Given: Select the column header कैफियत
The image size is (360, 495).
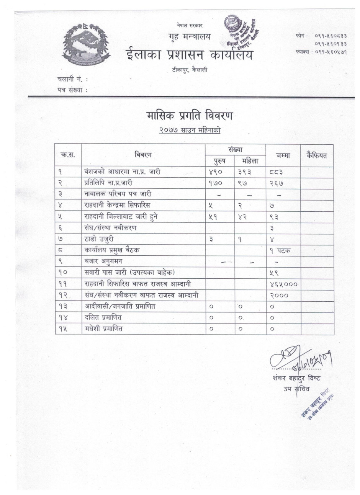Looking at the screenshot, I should [317, 155].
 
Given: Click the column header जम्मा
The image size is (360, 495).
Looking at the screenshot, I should [283, 155].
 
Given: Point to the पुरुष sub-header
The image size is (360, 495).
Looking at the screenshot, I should [219, 161].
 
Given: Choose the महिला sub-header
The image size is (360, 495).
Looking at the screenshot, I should [250, 161].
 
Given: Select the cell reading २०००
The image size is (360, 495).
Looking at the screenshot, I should [279, 295].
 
